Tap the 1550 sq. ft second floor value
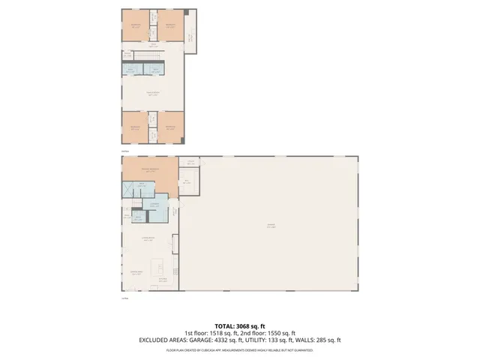click(x=278, y=333)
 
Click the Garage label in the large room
click(x=270, y=226)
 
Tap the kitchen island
click(x=159, y=266)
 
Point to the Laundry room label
click(x=154, y=205)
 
